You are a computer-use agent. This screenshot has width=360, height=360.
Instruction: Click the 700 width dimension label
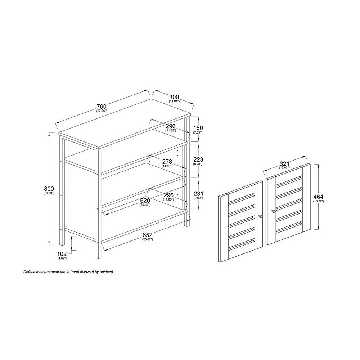point(102,107)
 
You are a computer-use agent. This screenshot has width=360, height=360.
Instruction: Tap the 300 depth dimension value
point(174,97)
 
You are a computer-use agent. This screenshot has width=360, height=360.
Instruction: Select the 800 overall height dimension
point(49,189)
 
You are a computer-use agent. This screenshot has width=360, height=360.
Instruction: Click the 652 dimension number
point(147,235)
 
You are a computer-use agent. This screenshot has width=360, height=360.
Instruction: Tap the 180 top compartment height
point(198,128)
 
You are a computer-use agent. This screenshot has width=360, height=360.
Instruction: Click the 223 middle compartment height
point(198,159)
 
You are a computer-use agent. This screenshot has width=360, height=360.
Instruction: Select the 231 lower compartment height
point(198,193)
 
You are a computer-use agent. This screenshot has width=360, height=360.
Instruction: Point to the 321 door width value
point(284,164)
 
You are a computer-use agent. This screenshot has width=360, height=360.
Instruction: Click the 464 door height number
point(318,197)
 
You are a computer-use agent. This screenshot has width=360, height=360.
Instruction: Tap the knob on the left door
point(260,216)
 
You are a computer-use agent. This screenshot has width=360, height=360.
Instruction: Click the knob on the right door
point(273,211)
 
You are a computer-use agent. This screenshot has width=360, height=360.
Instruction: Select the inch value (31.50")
point(49,193)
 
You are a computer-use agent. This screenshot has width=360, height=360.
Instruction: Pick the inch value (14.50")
point(167,166)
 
